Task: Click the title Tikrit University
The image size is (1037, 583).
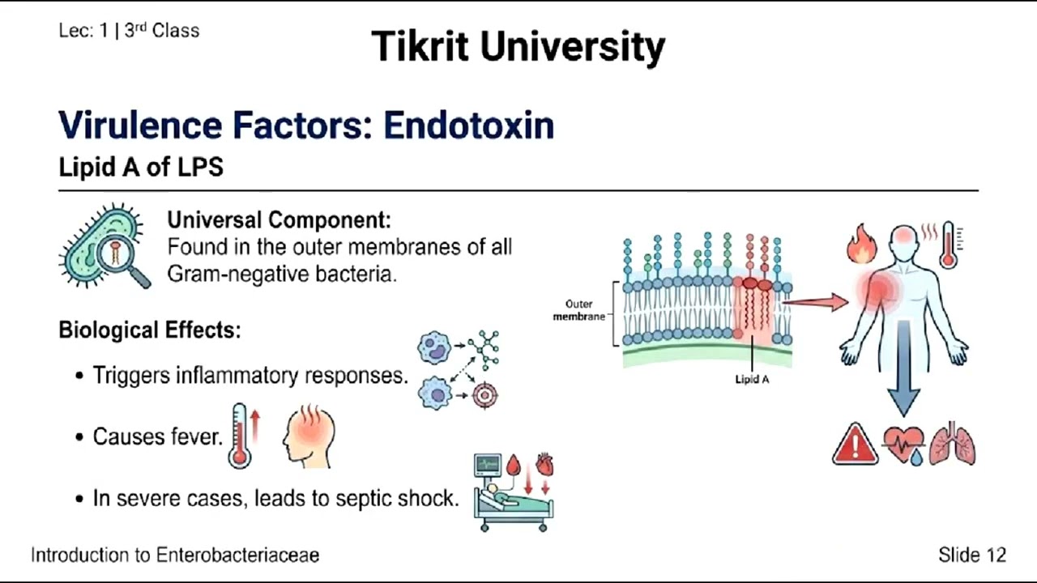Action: (518, 46)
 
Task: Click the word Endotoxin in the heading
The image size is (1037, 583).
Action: (468, 126)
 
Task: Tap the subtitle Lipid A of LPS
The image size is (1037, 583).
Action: (141, 168)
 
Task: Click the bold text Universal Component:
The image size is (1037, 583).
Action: (279, 219)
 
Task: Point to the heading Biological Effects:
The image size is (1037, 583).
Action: (149, 330)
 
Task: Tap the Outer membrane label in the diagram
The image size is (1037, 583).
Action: (578, 310)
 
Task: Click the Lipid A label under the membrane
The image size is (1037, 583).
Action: (752, 379)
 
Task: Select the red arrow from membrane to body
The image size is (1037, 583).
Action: (814, 302)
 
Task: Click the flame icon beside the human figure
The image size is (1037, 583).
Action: (862, 245)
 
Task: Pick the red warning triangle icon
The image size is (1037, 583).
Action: (855, 445)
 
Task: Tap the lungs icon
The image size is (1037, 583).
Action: (953, 444)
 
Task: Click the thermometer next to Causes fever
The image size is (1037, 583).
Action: (241, 437)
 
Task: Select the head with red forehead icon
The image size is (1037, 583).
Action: (309, 437)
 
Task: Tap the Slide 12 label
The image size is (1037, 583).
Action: (971, 555)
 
